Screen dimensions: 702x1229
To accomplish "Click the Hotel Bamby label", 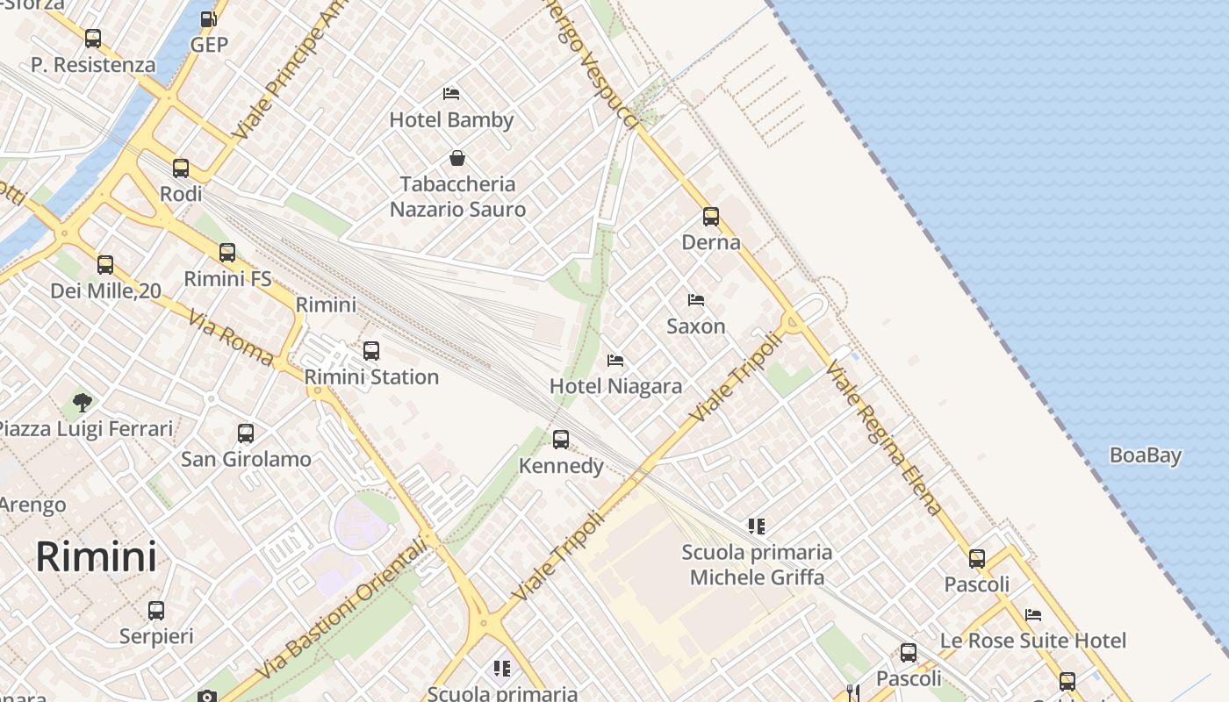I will [x=451, y=119].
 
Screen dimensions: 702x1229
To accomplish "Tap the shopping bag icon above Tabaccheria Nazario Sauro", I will [x=457, y=158].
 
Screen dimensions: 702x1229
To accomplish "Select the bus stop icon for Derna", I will [x=711, y=216].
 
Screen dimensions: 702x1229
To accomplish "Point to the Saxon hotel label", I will [x=696, y=326].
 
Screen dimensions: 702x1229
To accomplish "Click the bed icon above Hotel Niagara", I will [x=615, y=361].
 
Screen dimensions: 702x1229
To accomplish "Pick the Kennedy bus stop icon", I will [x=561, y=439].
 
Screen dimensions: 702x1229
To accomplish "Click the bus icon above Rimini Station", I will [x=371, y=351].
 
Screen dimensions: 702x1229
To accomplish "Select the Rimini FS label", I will [x=227, y=279].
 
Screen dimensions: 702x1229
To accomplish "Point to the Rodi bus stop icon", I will [x=181, y=168].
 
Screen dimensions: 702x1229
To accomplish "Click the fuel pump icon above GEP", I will [x=209, y=18].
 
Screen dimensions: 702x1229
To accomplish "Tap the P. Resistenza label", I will [x=93, y=65].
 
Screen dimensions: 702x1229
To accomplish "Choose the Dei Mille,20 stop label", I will [x=105, y=290].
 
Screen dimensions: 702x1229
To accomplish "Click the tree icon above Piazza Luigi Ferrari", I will [x=83, y=403].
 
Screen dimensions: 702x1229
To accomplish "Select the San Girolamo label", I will [x=246, y=459].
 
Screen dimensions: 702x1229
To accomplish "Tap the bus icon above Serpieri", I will [x=156, y=610].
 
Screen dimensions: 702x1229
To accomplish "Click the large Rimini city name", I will [x=97, y=557].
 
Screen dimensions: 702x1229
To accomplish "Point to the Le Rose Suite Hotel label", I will [x=1033, y=641].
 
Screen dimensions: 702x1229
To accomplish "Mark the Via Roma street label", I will [x=231, y=335].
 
